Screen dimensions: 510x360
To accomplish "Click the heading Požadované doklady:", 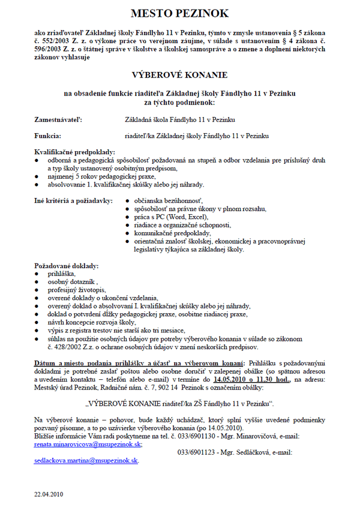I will point(67,265).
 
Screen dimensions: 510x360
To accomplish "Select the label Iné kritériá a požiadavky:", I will point(73,199).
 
